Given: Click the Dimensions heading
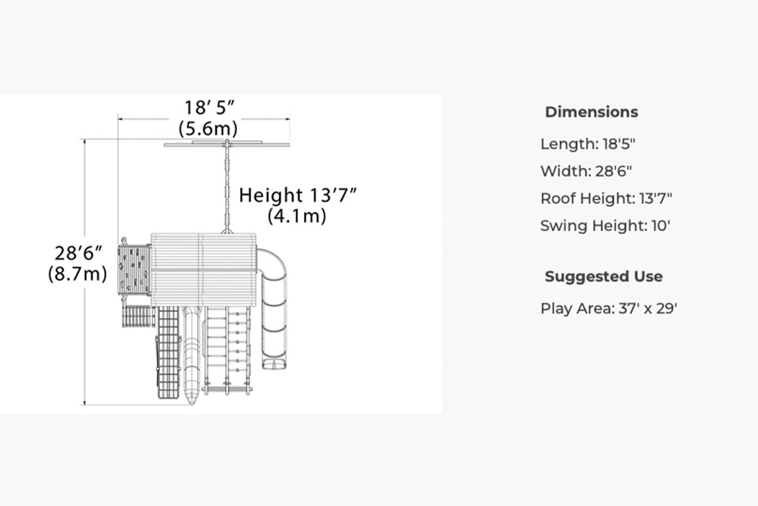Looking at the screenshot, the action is pyautogui.click(x=591, y=112).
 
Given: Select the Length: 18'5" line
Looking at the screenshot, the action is pyautogui.click(x=587, y=144).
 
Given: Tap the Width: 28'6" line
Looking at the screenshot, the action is pyautogui.click(x=586, y=171).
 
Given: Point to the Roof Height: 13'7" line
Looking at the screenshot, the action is pyautogui.click(x=606, y=198).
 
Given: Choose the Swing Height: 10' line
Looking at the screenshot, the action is pyautogui.click(x=605, y=226).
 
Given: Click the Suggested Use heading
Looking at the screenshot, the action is pyautogui.click(x=603, y=276).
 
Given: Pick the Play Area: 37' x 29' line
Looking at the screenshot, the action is pyautogui.click(x=609, y=308).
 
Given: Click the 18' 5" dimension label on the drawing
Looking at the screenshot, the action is pyautogui.click(x=209, y=108).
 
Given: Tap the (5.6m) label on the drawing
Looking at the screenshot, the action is pyautogui.click(x=208, y=129).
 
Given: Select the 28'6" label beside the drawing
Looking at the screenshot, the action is pyautogui.click(x=78, y=253).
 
